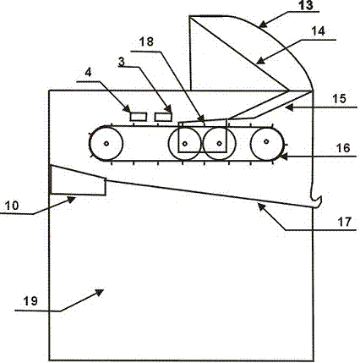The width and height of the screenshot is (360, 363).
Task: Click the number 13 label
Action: (x=306, y=5)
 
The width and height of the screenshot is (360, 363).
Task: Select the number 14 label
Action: (x=318, y=31)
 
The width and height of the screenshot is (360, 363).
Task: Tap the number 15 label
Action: (x=339, y=99)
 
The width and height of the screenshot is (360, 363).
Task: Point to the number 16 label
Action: (x=343, y=148)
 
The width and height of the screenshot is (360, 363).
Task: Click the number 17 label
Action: (x=345, y=222)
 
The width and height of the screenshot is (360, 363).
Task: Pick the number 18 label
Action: (x=146, y=41)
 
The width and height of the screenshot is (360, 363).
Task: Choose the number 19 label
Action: (x=30, y=301)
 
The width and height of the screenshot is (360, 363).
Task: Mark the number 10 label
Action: (x=12, y=206)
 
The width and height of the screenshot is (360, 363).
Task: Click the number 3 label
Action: (x=121, y=62)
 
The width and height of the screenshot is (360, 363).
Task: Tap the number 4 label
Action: (x=88, y=73)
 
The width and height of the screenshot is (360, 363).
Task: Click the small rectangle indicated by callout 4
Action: (x=139, y=117)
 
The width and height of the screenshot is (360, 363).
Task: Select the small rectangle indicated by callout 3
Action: (x=163, y=117)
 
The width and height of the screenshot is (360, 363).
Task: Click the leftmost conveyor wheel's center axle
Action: (x=106, y=144)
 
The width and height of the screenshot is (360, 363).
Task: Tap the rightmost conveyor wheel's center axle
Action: (x=266, y=141)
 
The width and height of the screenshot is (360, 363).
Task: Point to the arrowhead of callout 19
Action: (x=99, y=292)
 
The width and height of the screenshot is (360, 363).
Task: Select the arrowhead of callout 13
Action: (x=263, y=25)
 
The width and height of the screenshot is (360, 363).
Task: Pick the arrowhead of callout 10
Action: (x=71, y=200)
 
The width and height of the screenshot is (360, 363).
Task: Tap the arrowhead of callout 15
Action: (x=289, y=107)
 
